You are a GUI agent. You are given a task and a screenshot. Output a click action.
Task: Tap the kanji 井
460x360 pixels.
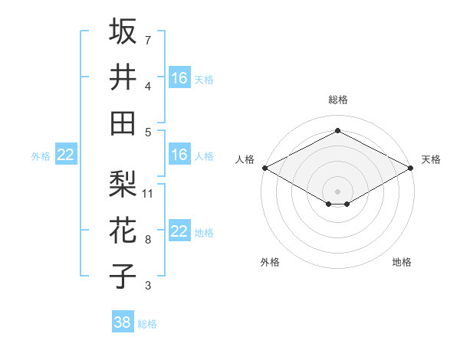pyautogui.click(x=123, y=77)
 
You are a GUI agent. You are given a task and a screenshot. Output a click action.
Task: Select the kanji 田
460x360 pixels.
pyautogui.click(x=123, y=123)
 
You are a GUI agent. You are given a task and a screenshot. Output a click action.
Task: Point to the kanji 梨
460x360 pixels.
pyautogui.click(x=123, y=184)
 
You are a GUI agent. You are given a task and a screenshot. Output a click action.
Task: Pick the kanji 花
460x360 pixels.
pyautogui.click(x=123, y=230)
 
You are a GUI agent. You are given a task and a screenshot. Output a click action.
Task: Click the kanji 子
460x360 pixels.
pyautogui.click(x=123, y=276)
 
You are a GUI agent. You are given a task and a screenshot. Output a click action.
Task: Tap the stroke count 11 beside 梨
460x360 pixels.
pyautogui.click(x=148, y=193)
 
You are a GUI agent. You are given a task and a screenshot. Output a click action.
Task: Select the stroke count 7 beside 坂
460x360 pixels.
pyautogui.click(x=147, y=40)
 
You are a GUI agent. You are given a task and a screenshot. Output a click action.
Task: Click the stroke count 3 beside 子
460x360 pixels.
pyautogui.click(x=147, y=286)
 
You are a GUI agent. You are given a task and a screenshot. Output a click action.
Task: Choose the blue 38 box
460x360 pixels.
pyautogui.click(x=123, y=322)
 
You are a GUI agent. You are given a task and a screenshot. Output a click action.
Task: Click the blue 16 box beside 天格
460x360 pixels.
pyautogui.click(x=179, y=78)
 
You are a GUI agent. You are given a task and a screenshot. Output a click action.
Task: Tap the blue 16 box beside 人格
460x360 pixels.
pyautogui.click(x=179, y=155)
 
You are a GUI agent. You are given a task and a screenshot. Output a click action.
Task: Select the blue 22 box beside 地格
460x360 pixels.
pyautogui.click(x=179, y=231)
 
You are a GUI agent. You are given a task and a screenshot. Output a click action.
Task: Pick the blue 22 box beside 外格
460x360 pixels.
pyautogui.click(x=66, y=155)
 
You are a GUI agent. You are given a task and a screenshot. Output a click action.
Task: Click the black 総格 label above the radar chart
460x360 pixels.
pyautogui.click(x=337, y=100)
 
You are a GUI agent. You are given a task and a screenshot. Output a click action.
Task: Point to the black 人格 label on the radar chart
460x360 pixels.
pyautogui.click(x=245, y=159)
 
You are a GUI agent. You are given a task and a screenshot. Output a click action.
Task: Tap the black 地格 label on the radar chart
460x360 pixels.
pyautogui.click(x=402, y=262)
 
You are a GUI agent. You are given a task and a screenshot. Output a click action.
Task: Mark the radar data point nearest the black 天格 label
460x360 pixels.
pyautogui.click(x=411, y=168)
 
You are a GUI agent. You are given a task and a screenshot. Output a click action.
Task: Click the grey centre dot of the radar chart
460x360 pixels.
pyautogui.click(x=337, y=190)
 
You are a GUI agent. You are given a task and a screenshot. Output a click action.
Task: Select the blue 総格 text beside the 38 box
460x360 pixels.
pyautogui.click(x=148, y=324)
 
